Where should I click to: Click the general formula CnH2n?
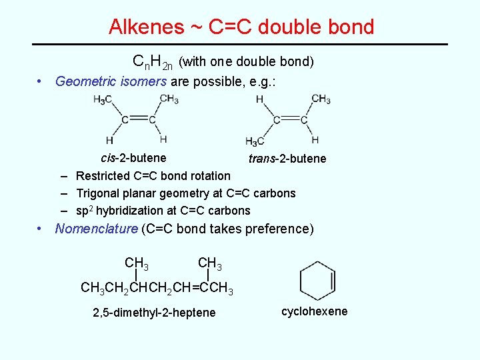point(153,62)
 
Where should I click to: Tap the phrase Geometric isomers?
point(111,81)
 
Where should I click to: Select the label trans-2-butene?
point(287,158)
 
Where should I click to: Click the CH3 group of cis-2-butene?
point(169,99)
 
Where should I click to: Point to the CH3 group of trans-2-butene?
point(321,99)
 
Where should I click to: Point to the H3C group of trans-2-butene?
point(255,141)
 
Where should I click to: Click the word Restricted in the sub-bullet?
point(103,176)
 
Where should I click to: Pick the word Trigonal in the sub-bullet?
point(99,193)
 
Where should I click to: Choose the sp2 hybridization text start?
point(84,211)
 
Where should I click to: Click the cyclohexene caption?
point(314,311)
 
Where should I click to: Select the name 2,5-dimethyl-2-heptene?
point(153,313)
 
